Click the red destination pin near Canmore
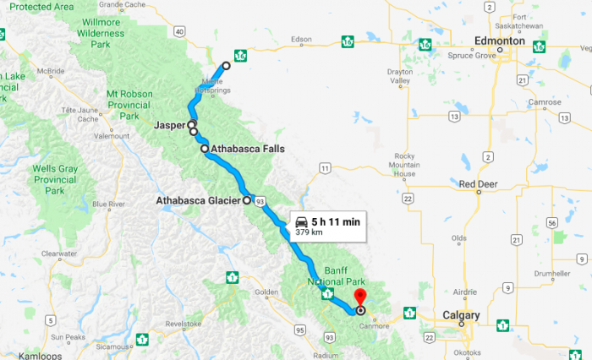[x=359, y=298]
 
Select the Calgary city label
[x=461, y=315]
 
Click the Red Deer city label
[x=477, y=183]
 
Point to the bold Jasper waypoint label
[x=170, y=125]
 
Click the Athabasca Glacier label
[x=199, y=201]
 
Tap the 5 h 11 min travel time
[x=335, y=221]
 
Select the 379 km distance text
[x=310, y=232]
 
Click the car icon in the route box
[x=301, y=221]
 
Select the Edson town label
[x=301, y=39]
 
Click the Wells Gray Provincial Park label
[x=56, y=180]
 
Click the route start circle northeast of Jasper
[x=226, y=66]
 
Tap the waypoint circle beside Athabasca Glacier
[x=247, y=201]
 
